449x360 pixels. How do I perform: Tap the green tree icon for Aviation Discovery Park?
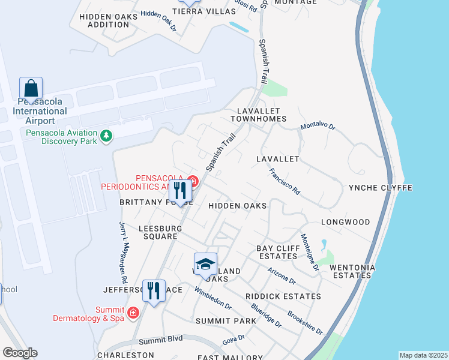pyautogui.click(x=106, y=137)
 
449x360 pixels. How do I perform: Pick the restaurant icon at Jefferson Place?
pyautogui.click(x=154, y=291)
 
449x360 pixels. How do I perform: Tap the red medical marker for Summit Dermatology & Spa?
pyautogui.click(x=133, y=313)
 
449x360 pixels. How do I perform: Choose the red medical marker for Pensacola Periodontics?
pyautogui.click(x=192, y=180)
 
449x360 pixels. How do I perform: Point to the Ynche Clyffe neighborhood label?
pyautogui.click(x=381, y=188)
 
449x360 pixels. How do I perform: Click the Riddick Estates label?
pyautogui.click(x=283, y=296)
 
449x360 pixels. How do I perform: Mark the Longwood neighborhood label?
pyautogui.click(x=345, y=222)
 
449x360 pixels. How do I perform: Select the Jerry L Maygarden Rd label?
pyautogui.click(x=123, y=253)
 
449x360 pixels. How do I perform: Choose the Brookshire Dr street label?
pyautogui.click(x=306, y=323)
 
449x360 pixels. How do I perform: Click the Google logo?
pyautogui.click(x=20, y=353)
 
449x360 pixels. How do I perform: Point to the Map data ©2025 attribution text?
pyautogui.click(x=423, y=355)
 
